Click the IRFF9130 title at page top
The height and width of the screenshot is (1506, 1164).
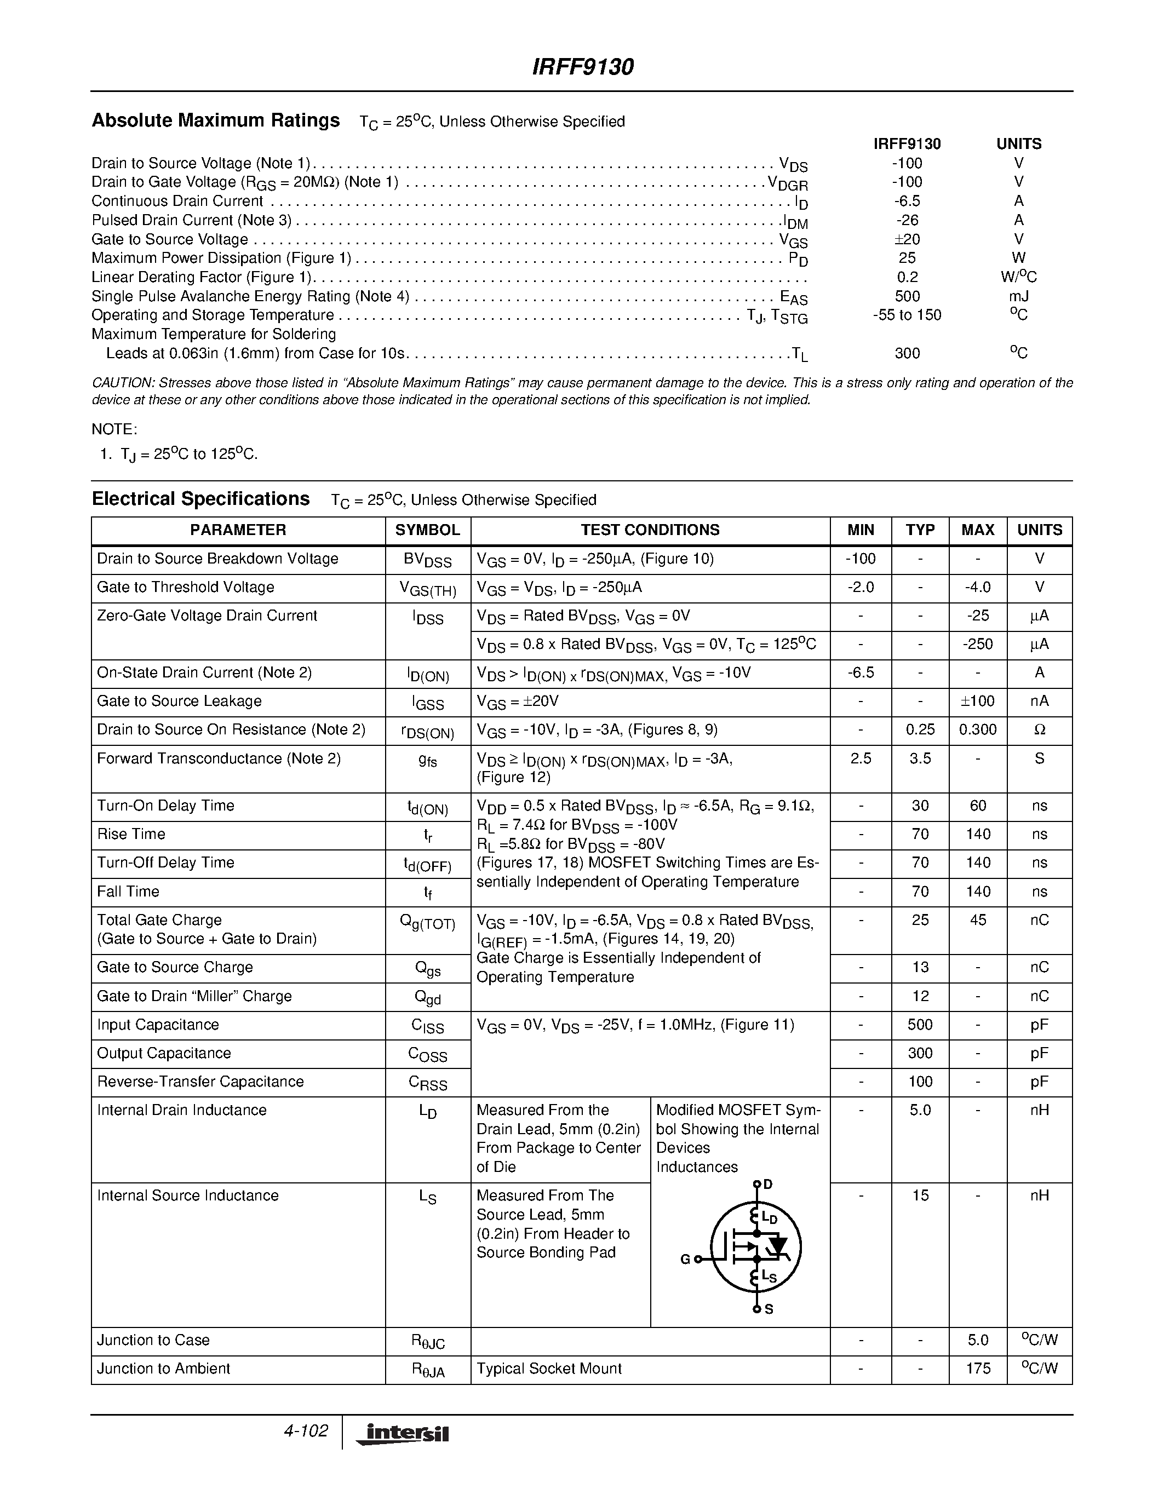pos(583,67)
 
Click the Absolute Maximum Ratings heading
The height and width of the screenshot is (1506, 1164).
pos(215,120)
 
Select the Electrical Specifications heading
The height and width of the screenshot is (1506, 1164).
pos(200,499)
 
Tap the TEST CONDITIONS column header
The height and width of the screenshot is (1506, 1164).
pos(650,530)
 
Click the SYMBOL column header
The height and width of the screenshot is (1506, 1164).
pos(428,530)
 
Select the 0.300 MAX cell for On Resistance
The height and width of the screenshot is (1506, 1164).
pos(977,729)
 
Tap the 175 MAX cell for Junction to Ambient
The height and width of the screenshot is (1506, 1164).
pos(977,1368)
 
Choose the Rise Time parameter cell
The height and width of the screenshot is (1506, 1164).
pos(131,835)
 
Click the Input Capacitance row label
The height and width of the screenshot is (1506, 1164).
pos(158,1025)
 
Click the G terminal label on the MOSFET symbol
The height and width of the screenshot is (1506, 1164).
pos(685,1259)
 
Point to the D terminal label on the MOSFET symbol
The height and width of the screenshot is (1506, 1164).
pos(768,1185)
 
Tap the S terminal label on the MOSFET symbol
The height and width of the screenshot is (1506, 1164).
pos(769,1309)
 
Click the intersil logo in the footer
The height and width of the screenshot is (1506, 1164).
pos(403,1434)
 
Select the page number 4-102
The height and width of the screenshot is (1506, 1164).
pos(306,1431)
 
